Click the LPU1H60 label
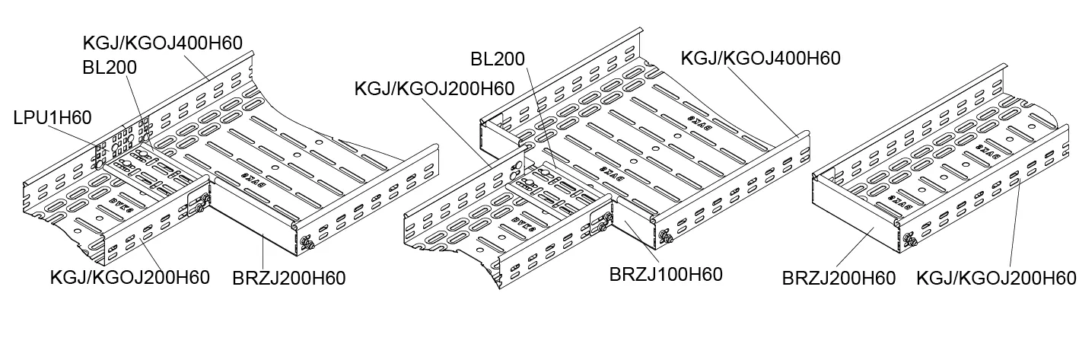pyautogui.click(x=53, y=117)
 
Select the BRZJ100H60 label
pyautogui.click(x=666, y=272)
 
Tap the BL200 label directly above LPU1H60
pyautogui.click(x=110, y=67)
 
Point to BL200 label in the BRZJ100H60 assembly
pyautogui.click(x=498, y=59)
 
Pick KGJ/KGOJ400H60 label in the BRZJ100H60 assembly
pyautogui.click(x=760, y=58)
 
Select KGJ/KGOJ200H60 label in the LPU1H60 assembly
pyautogui.click(x=129, y=277)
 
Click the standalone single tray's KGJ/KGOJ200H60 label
pyautogui.click(x=997, y=279)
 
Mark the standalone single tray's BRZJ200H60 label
pyautogui.click(x=839, y=279)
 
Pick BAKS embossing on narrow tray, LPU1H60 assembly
pyautogui.click(x=121, y=203)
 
